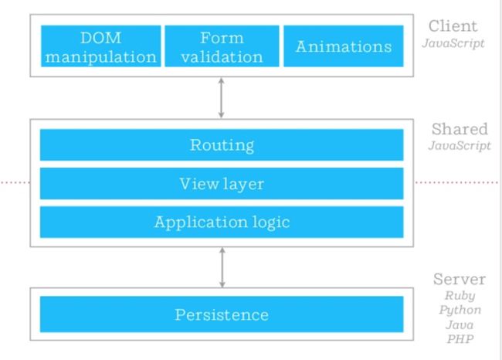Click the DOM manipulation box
pos(101,46)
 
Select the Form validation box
pos(222,46)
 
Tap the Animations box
pos(344,46)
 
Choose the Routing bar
pos(222,144)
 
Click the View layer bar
pos(222,184)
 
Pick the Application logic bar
pos(222,222)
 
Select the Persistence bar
pos(222,314)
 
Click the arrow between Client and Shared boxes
pos(221,98)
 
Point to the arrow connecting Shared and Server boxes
pos(222,267)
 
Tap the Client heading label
pos(453,26)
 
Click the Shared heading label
pos(460,129)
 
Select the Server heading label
pos(460,279)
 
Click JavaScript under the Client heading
pos(453,43)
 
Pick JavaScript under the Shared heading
pos(460,146)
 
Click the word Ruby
pos(460,296)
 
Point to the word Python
pos(460,310)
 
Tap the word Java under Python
pos(460,324)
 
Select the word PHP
pos(460,339)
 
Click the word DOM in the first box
pos(101,38)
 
